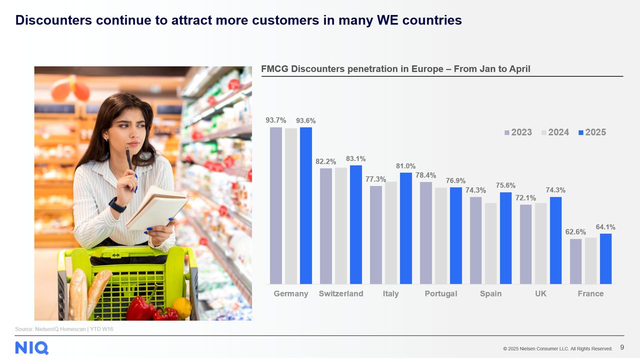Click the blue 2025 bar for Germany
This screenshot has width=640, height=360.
tap(305, 205)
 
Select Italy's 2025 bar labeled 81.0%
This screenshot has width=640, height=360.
tap(405, 228)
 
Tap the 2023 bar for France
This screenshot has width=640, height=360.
tap(575, 261)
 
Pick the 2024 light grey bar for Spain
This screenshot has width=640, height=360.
tap(490, 243)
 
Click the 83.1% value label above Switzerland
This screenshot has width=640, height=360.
tap(355, 159)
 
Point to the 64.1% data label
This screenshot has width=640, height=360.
tap(605, 227)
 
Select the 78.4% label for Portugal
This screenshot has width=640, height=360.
tap(425, 175)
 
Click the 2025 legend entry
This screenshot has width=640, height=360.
tap(592, 132)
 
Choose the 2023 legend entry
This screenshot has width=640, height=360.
tap(518, 132)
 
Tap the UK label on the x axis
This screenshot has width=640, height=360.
tap(540, 293)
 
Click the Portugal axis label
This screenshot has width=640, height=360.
tap(441, 294)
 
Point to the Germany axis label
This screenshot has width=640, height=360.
tap(291, 294)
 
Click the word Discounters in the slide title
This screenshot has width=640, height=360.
tap(53, 20)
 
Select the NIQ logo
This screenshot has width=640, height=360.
tap(31, 348)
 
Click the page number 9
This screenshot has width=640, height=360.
tap(622, 347)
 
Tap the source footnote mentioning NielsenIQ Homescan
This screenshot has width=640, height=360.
tap(64, 329)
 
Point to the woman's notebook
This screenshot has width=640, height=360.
tap(156, 208)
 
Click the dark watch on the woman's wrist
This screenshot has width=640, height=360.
tap(117, 205)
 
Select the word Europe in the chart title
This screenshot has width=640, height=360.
tap(427, 69)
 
